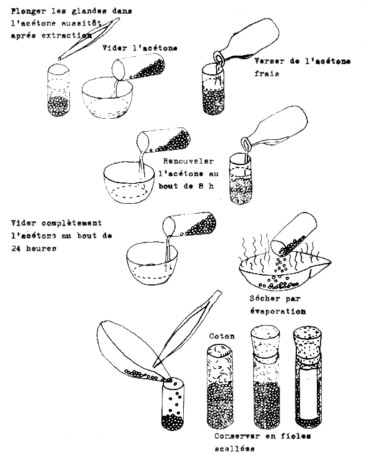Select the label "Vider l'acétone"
(x=141, y=49)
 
